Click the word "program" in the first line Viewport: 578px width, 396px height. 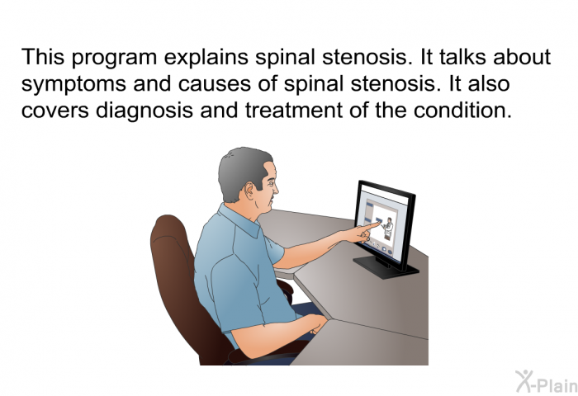point(114,59)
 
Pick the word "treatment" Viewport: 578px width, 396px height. point(294,111)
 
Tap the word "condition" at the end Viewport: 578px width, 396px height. point(462,111)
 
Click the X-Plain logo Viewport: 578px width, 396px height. point(547,382)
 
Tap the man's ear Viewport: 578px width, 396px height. point(251,191)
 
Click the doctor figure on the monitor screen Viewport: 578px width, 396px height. point(387,229)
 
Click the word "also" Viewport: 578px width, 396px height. point(489,84)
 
